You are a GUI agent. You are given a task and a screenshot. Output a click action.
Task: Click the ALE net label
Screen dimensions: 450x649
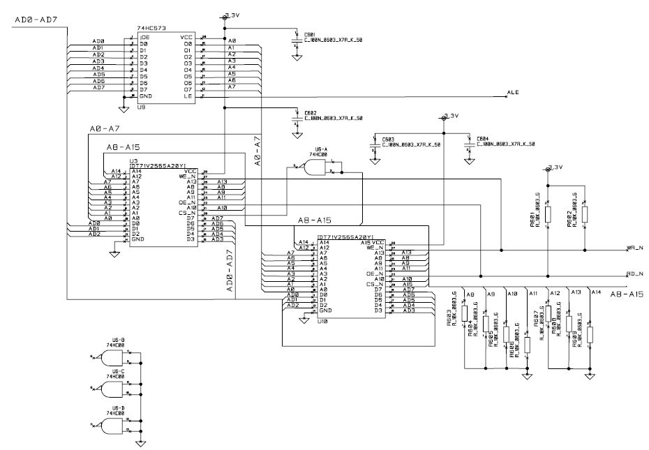click(513, 92)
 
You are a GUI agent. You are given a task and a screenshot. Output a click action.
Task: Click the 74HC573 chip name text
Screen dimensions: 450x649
click(150, 29)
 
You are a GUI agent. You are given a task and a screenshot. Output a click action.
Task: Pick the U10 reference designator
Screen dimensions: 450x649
click(322, 322)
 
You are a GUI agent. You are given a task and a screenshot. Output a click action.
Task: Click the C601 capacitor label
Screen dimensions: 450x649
click(310, 33)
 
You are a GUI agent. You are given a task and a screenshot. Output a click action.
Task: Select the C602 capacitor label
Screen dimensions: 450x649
click(310, 112)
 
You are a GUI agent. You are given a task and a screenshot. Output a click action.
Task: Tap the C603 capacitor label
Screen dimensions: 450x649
click(388, 139)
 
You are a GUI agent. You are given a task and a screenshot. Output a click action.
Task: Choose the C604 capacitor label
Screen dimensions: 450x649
click(483, 139)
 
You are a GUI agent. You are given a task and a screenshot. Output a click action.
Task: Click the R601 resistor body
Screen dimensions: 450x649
click(548, 213)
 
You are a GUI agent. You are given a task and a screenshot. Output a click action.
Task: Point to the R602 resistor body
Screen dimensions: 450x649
click(584, 213)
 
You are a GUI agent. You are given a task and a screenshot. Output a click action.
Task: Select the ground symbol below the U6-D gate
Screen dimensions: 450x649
click(140, 442)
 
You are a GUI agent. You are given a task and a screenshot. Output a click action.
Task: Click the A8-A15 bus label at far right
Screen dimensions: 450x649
click(626, 294)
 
